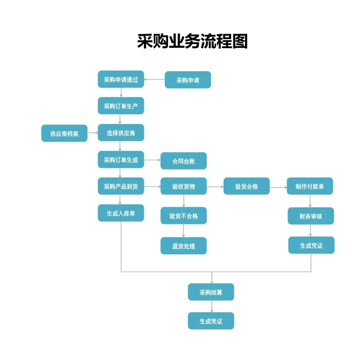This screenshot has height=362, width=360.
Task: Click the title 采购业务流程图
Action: (x=192, y=41)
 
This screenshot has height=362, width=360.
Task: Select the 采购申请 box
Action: (x=188, y=80)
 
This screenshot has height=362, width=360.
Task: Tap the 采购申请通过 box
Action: (x=121, y=79)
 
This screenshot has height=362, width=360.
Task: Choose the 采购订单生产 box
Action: (x=121, y=106)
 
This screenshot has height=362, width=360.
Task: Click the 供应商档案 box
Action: (x=64, y=133)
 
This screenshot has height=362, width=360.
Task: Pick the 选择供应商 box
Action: (x=121, y=133)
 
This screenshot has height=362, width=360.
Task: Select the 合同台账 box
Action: (x=183, y=161)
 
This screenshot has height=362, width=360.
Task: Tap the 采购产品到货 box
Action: (x=121, y=186)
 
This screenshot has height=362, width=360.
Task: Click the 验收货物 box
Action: (x=183, y=186)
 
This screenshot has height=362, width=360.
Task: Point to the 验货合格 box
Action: (x=246, y=186)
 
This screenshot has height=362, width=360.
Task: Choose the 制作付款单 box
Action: (x=310, y=186)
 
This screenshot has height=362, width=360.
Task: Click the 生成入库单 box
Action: (x=121, y=213)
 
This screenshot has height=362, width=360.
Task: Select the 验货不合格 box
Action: (x=183, y=216)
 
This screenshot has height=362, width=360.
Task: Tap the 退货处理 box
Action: (x=183, y=246)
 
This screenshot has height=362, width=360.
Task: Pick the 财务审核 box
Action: (x=311, y=216)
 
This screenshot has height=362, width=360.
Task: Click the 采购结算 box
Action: (x=211, y=292)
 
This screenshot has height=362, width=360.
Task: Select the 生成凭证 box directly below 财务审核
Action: (x=311, y=246)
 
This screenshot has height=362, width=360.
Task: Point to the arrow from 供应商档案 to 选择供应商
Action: (x=93, y=133)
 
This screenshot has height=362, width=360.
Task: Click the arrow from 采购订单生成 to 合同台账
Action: (x=152, y=160)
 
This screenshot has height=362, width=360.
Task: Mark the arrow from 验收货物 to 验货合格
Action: (x=215, y=187)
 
